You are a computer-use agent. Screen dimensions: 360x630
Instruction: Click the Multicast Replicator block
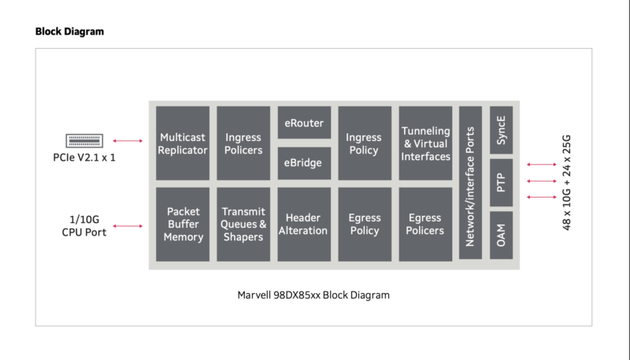coord(183,143)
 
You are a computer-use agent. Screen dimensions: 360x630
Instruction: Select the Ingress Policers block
coord(243,143)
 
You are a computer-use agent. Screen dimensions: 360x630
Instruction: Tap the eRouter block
coord(304,123)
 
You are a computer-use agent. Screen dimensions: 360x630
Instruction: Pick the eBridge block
coord(304,163)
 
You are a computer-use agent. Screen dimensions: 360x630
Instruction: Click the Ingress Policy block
coord(364,143)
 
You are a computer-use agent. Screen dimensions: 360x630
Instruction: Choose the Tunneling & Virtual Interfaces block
coord(425,143)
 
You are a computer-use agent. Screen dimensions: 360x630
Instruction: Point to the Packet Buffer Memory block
coord(183,224)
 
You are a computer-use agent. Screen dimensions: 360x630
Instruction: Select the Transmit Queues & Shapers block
coord(243,224)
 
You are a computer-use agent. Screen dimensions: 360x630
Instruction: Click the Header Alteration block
coord(304,224)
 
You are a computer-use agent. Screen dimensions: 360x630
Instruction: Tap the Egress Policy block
coord(364,224)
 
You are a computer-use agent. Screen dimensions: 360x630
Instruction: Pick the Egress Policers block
coord(425,224)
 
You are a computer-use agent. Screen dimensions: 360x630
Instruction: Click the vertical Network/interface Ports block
coord(470,183)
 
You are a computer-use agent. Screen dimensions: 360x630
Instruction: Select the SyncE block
coord(502,130)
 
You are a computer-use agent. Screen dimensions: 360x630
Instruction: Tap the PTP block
coord(502,183)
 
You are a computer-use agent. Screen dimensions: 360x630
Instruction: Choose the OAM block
coord(502,235)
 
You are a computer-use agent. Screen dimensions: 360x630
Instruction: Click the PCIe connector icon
coord(85,141)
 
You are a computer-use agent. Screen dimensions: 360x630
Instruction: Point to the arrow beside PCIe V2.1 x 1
coord(128,141)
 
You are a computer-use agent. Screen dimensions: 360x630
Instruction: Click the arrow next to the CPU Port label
coord(128,226)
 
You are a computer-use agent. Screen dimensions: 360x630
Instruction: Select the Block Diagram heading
coord(69,32)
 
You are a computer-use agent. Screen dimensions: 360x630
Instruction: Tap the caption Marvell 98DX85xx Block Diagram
coord(313,295)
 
